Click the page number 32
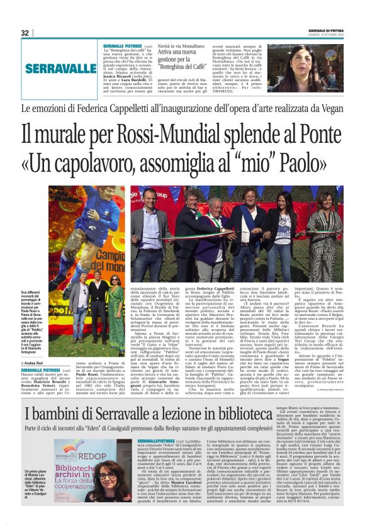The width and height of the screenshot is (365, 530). [25, 33]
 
